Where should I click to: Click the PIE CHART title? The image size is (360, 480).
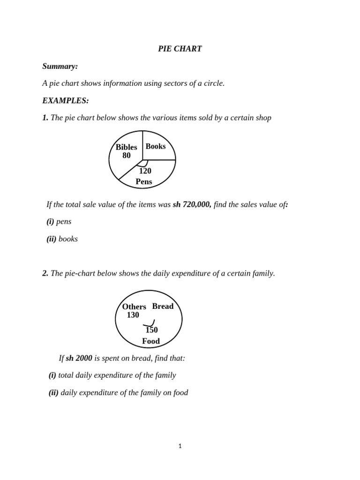coord(180,49)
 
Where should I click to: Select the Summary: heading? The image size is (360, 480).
coord(60,67)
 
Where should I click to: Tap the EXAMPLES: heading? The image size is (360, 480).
coord(65,101)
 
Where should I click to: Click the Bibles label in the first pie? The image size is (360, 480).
coord(127,147)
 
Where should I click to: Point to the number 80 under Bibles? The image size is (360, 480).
coord(127,156)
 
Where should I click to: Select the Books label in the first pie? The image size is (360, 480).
coord(156,146)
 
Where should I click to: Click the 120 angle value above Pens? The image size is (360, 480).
coord(145,171)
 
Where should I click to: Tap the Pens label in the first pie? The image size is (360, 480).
coord(144,181)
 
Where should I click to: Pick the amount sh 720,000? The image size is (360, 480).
coord(192,204)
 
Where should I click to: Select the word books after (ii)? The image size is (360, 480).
coord(68,239)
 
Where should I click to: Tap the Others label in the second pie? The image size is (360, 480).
coord(134,307)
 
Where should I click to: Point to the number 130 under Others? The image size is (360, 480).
coord(133,315)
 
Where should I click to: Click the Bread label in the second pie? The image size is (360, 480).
coord(163,306)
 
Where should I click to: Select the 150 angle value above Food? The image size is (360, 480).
coord(151,330)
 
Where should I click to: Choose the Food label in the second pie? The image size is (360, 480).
coord(151,341)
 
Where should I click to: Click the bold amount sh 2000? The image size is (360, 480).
coord(79,358)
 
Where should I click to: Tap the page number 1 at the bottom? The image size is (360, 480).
coord(180,446)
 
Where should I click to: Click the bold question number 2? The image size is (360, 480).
coord(45,273)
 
